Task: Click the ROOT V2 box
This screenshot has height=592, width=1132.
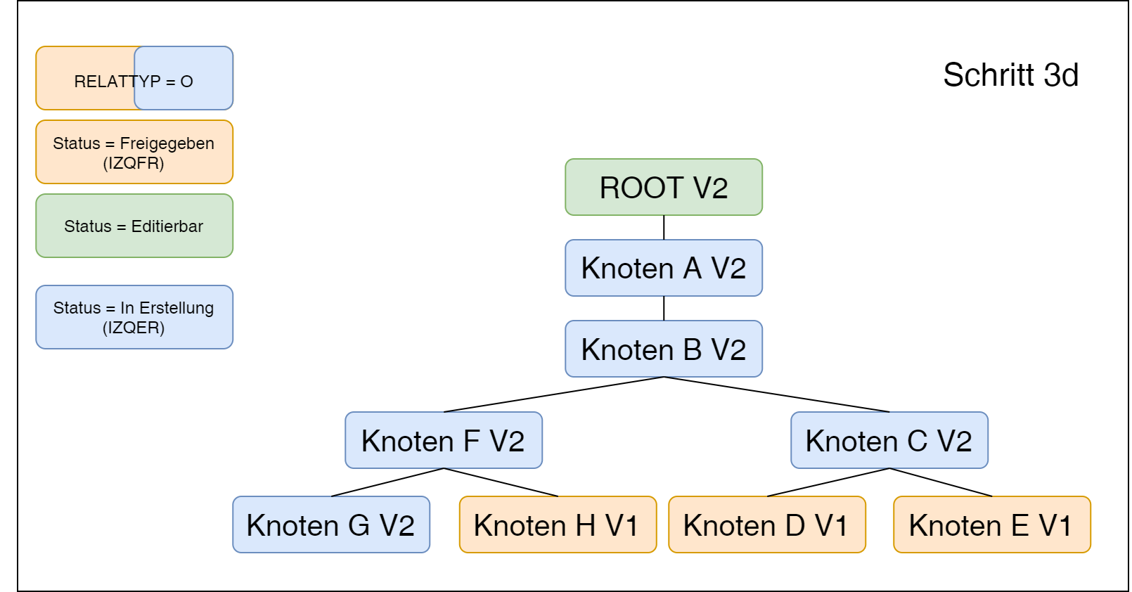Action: tap(663, 187)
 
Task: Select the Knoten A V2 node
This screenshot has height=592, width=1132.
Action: tap(663, 268)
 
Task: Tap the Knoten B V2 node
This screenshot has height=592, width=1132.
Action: tap(663, 349)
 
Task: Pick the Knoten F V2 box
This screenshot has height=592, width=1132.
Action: tap(443, 440)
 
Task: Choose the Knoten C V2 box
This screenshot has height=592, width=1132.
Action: tap(889, 440)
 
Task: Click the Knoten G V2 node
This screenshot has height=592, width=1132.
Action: tap(330, 525)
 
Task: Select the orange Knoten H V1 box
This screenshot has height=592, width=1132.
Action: tap(557, 525)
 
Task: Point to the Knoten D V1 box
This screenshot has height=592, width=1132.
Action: tap(766, 525)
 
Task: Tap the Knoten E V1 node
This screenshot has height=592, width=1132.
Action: tap(991, 525)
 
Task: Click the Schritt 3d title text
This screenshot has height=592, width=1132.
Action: tap(1010, 75)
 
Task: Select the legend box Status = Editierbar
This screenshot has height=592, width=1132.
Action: tap(134, 226)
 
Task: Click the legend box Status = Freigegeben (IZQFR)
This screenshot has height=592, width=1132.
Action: tap(134, 152)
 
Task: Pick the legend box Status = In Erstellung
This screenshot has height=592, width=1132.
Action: tap(134, 317)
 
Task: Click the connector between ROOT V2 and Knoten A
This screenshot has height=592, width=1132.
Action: tap(664, 227)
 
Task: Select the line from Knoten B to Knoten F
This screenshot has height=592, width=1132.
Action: tap(553, 394)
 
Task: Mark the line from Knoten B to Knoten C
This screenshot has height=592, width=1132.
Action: tap(776, 394)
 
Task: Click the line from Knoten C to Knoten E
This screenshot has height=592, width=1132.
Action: tap(941, 482)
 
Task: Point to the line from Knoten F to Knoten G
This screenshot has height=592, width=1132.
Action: tap(387, 482)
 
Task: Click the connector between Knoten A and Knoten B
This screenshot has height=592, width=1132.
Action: tap(664, 308)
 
